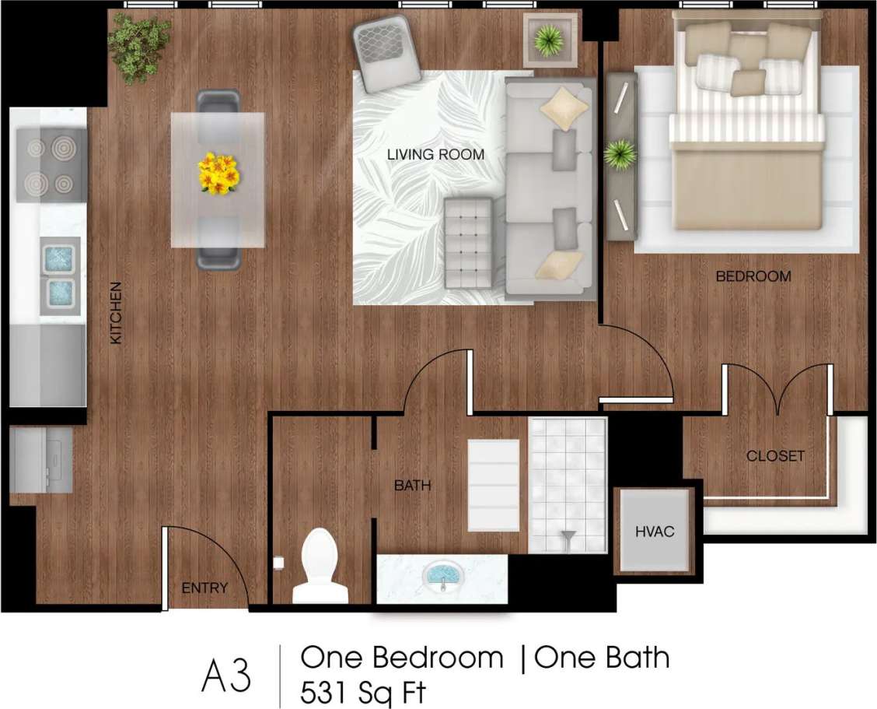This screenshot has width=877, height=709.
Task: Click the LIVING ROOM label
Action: tap(435, 155)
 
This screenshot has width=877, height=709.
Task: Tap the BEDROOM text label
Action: tap(753, 276)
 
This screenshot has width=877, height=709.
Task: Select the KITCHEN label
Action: tap(116, 313)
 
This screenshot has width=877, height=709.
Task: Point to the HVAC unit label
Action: tap(654, 532)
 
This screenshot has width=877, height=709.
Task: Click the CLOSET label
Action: tap(775, 456)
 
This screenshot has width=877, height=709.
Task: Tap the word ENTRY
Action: tap(204, 588)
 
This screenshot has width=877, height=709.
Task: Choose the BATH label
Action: tap(412, 486)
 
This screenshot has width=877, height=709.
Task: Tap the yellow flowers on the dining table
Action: tap(218, 173)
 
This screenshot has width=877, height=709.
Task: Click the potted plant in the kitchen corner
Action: tap(140, 44)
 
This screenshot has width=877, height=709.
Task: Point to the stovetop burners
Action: tap(51, 165)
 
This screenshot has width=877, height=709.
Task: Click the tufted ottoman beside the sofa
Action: tap(468, 243)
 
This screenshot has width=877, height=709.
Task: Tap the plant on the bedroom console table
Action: tap(620, 154)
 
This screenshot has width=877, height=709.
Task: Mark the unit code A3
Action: tap(226, 676)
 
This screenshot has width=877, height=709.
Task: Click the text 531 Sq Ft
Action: tap(363, 692)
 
